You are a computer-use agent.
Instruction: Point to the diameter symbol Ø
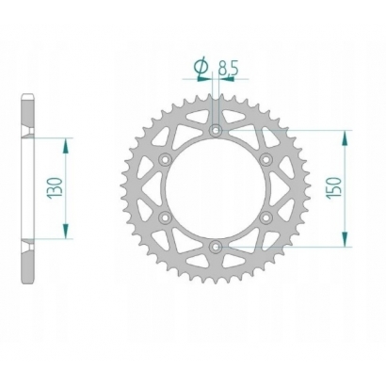point(200,67)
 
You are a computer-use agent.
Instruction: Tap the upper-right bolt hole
point(266,159)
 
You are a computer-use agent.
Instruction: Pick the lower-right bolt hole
point(266,217)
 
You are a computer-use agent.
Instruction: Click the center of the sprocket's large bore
point(216,188)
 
